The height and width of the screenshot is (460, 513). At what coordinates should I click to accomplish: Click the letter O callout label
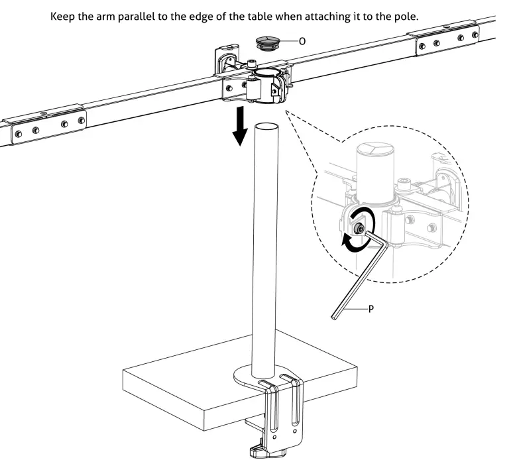coord(302,41)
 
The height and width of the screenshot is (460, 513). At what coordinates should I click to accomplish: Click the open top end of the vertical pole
coord(267,126)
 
